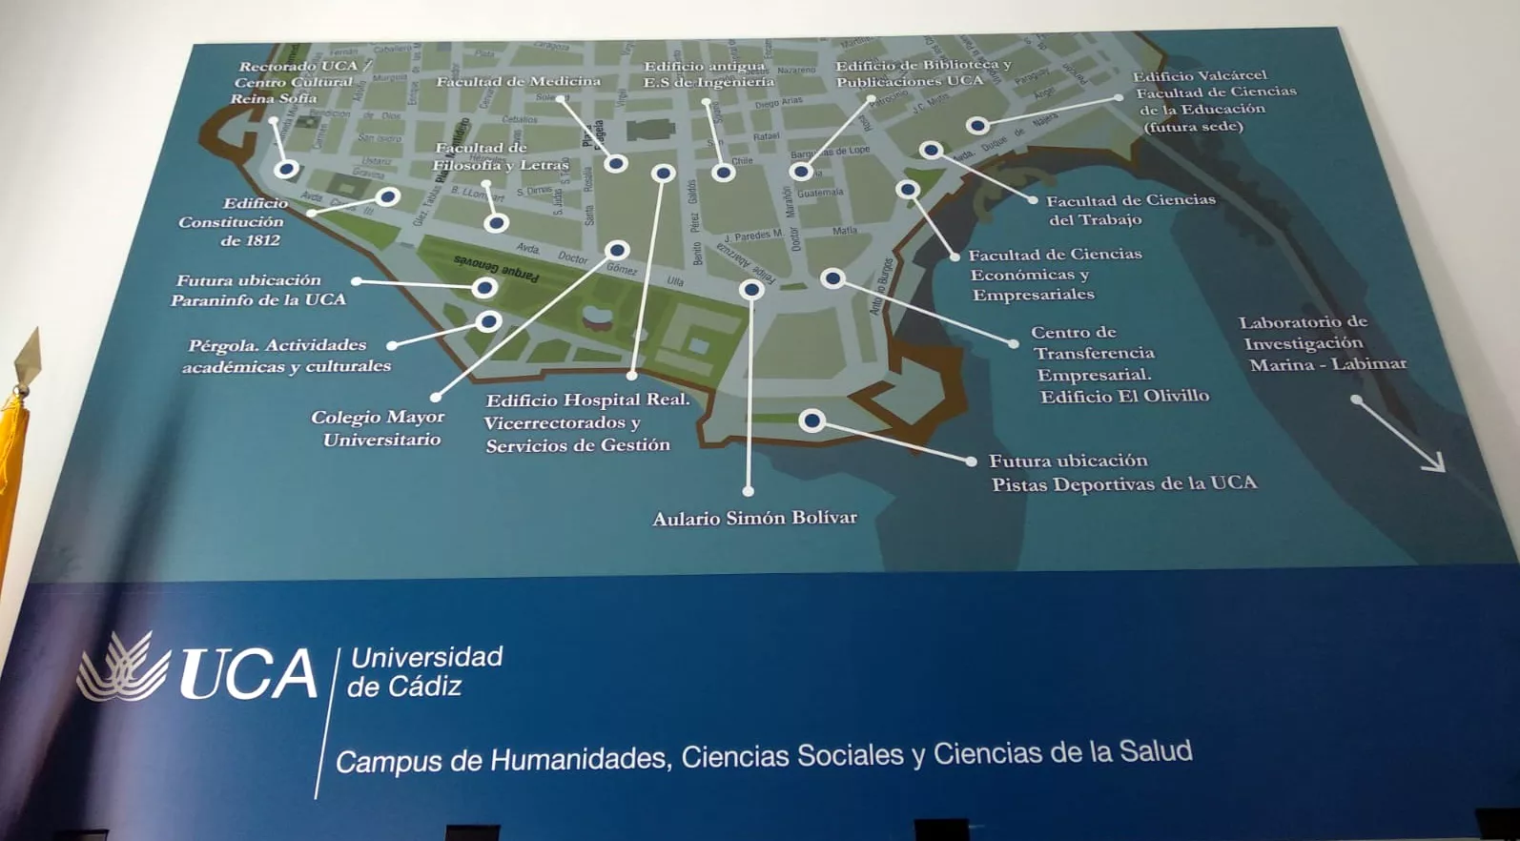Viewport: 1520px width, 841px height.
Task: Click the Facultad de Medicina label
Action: coord(519,82)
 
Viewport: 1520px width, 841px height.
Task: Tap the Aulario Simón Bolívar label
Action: coord(754,519)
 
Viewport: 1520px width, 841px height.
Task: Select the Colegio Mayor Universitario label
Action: coord(379,428)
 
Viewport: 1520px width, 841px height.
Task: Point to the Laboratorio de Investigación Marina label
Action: coord(1322,343)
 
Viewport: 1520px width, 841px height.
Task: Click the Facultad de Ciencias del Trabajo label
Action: coord(1129,210)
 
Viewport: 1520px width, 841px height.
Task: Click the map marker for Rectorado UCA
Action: coord(286,170)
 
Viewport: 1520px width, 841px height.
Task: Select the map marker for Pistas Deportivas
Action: coord(811,420)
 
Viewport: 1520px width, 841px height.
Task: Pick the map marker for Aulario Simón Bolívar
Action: coord(751,289)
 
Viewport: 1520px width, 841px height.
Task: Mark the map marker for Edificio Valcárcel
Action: coord(977,125)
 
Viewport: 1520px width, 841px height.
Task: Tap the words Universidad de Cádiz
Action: coord(424,671)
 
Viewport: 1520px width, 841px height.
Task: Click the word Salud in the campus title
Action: coord(1155,751)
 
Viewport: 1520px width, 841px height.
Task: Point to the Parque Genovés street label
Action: coord(495,267)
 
